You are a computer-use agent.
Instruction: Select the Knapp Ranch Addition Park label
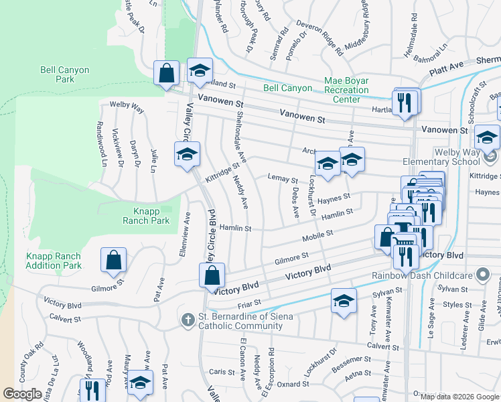pyautogui.click(x=54, y=261)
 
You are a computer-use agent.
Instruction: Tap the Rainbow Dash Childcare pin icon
pyautogui.click(x=481, y=275)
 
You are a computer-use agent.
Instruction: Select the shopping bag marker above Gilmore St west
pyautogui.click(x=113, y=260)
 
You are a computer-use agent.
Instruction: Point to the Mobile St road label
pyautogui.click(x=317, y=235)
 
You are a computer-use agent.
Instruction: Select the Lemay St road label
pyautogui.click(x=283, y=180)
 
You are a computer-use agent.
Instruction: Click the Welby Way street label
pyautogui.click(x=127, y=106)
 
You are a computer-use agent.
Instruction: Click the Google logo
pyautogui.click(x=22, y=394)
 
